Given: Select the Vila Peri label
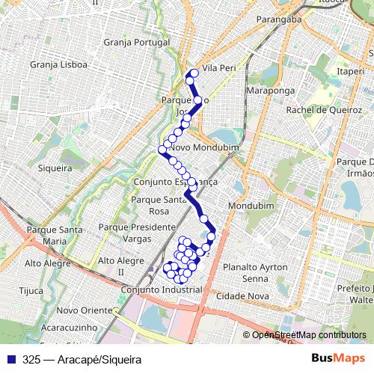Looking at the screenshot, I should pyautogui.click(x=219, y=68).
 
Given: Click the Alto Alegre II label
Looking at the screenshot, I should pyautogui.click(x=120, y=266).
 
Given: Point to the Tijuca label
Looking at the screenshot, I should pyautogui.click(x=31, y=291).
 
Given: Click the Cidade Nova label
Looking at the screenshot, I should pyautogui.click(x=242, y=296).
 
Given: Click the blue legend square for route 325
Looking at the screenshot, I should pyautogui.click(x=8, y=360).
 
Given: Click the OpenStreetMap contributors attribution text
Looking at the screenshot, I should pyautogui.click(x=304, y=336).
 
